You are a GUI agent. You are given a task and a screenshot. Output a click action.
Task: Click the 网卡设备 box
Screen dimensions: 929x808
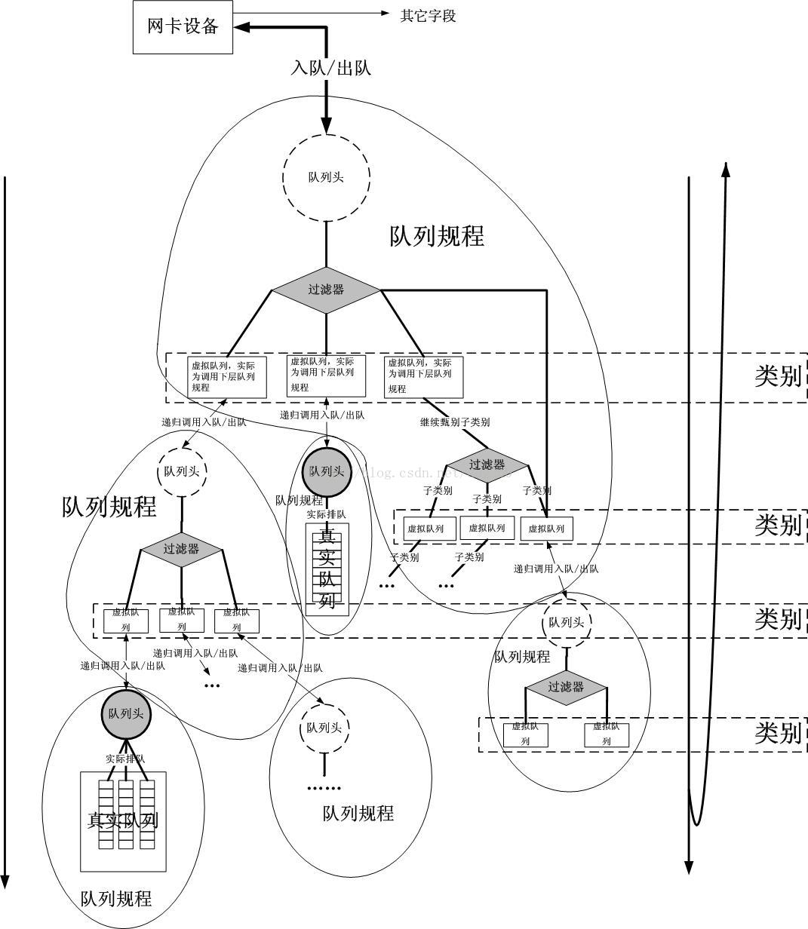pyautogui.click(x=183, y=26)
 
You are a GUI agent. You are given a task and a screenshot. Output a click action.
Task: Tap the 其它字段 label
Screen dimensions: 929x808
pyautogui.click(x=428, y=15)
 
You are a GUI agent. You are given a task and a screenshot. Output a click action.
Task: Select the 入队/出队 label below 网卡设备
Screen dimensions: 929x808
pyautogui.click(x=331, y=68)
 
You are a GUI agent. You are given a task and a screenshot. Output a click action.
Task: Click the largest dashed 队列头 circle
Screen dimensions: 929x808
pyautogui.click(x=326, y=177)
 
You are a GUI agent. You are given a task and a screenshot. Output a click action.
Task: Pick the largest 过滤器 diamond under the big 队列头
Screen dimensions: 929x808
pyautogui.click(x=326, y=290)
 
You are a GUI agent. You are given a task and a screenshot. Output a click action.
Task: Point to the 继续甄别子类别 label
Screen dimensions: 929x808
pyautogui.click(x=455, y=422)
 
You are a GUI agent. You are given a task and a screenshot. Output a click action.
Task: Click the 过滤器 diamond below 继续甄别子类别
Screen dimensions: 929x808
pyautogui.click(x=487, y=464)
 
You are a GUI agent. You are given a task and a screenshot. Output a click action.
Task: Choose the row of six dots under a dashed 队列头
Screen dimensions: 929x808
pyautogui.click(x=324, y=788)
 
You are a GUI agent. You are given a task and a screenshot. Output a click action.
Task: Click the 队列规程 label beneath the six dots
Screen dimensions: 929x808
pyautogui.click(x=358, y=814)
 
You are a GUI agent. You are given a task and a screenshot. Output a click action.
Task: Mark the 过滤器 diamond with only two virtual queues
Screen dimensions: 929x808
pyautogui.click(x=566, y=687)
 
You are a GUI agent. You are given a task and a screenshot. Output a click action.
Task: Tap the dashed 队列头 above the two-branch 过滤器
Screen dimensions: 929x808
pyautogui.click(x=567, y=622)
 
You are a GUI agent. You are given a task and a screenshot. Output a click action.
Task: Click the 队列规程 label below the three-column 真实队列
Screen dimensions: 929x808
pyautogui.click(x=116, y=899)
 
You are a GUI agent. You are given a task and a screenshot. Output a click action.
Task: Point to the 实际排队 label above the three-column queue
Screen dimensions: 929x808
pyautogui.click(x=125, y=759)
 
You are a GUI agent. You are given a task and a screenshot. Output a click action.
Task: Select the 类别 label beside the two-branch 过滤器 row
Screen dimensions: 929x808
pyautogui.click(x=777, y=733)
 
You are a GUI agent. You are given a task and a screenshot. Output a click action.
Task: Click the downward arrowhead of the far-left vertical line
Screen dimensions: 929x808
pyautogui.click(x=5, y=881)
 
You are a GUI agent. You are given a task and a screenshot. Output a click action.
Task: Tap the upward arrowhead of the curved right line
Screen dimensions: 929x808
pyautogui.click(x=726, y=169)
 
